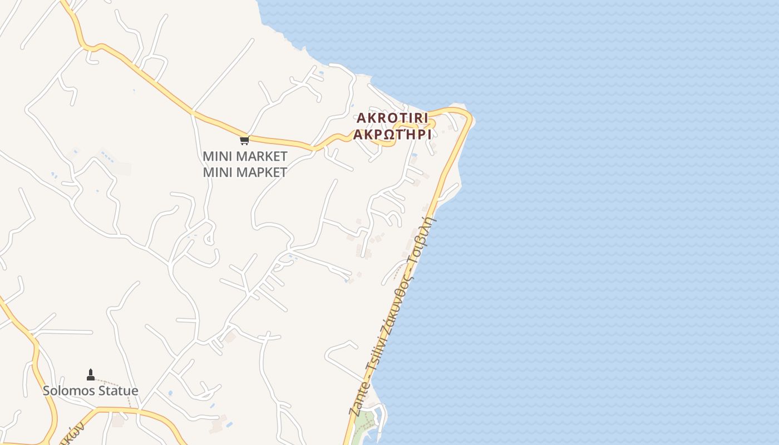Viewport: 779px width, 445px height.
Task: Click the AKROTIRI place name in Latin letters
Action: point(392,118)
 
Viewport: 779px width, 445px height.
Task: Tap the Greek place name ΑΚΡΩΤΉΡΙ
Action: point(392,135)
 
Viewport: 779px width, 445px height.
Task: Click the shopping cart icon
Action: point(244,140)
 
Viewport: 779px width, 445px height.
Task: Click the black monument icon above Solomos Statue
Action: point(91,375)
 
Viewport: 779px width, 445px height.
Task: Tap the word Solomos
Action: point(68,390)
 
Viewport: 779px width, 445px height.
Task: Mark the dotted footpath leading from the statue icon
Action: point(120,387)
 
